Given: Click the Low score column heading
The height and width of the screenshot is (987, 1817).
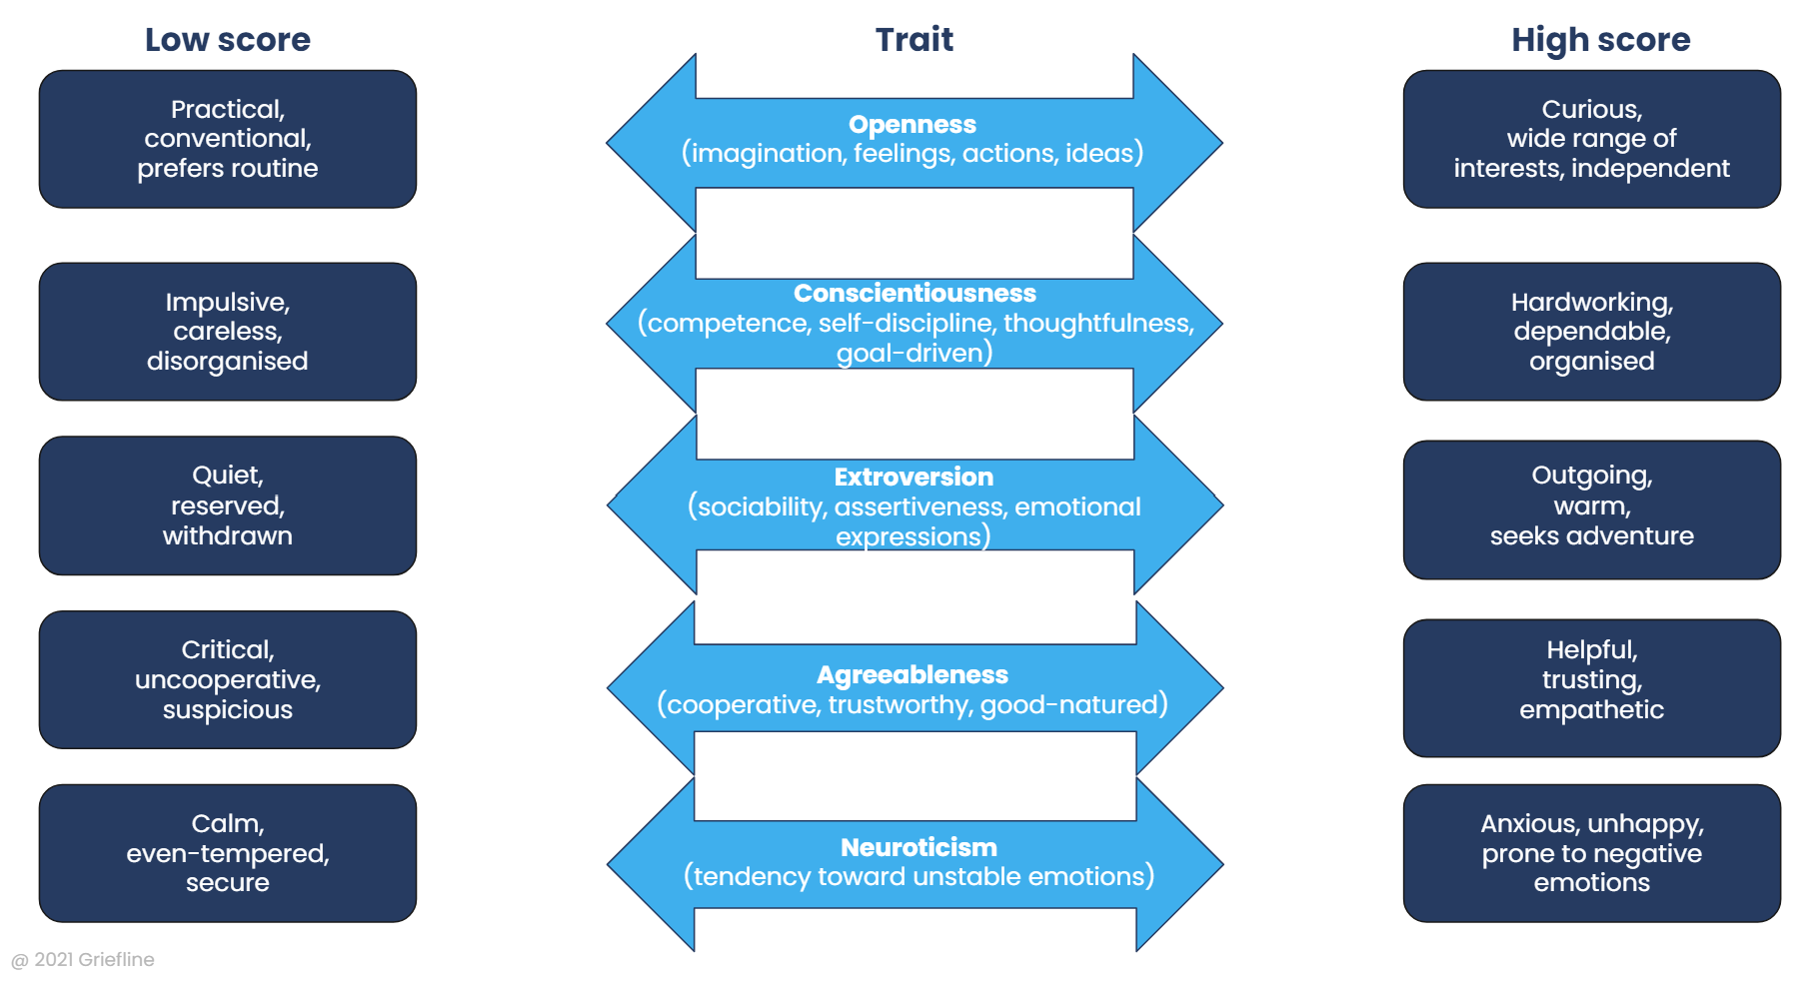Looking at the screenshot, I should [x=228, y=40].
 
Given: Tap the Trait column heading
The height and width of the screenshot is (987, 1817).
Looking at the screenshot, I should [x=913, y=40].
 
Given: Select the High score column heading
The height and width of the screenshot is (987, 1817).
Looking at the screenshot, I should [x=1600, y=40].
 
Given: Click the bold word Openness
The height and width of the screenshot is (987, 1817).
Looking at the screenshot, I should [x=911, y=125].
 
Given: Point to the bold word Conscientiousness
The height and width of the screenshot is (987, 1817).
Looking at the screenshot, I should [x=914, y=294].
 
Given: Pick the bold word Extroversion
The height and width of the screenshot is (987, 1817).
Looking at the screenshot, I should [x=913, y=478].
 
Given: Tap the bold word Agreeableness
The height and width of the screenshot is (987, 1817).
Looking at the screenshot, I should [x=911, y=675].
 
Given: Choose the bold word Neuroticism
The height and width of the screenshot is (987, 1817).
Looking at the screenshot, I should [x=918, y=848].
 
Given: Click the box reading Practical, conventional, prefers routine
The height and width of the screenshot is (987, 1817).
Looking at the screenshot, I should [x=228, y=139].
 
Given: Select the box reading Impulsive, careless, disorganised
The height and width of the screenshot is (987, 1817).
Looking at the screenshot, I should [x=228, y=332].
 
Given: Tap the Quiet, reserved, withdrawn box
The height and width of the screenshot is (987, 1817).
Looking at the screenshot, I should [x=228, y=505].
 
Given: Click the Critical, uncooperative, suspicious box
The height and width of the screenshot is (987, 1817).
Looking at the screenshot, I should [x=228, y=680].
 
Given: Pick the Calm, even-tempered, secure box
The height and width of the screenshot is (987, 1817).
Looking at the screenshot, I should [x=228, y=853].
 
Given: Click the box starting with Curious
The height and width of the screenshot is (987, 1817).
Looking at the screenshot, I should [x=1591, y=139].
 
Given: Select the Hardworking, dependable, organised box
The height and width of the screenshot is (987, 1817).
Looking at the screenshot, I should [x=1591, y=332].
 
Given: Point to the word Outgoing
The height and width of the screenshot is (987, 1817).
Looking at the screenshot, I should [x=1591, y=477].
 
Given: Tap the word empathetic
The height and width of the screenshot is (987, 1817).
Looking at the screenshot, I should [x=1591, y=710].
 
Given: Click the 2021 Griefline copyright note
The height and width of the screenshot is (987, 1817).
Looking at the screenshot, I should [x=83, y=960].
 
